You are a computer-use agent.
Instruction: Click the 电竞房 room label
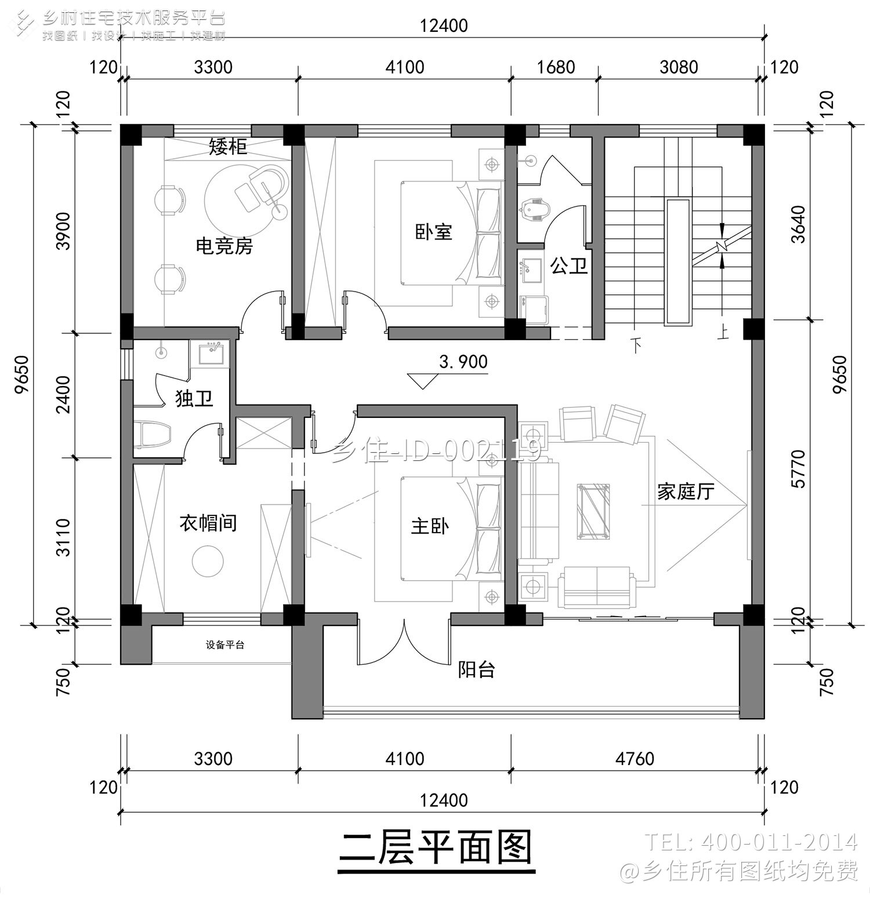point(224,246)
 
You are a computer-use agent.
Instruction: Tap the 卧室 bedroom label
point(433,232)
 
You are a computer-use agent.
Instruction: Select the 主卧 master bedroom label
point(429,526)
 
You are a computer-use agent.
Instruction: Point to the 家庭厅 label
point(685,492)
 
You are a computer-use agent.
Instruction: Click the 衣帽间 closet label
point(208,523)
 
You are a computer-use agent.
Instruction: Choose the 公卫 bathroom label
point(568,266)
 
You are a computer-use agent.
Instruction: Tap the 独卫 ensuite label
point(194,398)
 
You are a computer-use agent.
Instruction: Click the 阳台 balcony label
point(476,669)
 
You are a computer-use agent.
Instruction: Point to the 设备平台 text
point(225,645)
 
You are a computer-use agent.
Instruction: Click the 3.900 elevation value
point(463,362)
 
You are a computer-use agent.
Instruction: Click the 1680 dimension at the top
point(555,67)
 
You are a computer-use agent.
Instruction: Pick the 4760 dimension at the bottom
point(635,758)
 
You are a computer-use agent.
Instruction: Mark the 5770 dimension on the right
point(798,468)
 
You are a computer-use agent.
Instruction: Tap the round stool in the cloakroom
point(208,560)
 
